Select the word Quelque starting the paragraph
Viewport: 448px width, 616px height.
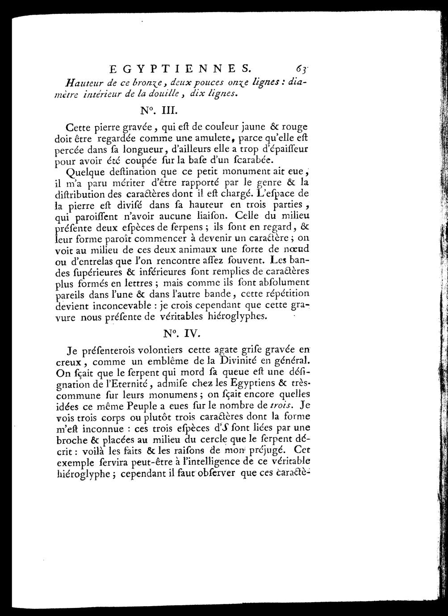click(x=85, y=172)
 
